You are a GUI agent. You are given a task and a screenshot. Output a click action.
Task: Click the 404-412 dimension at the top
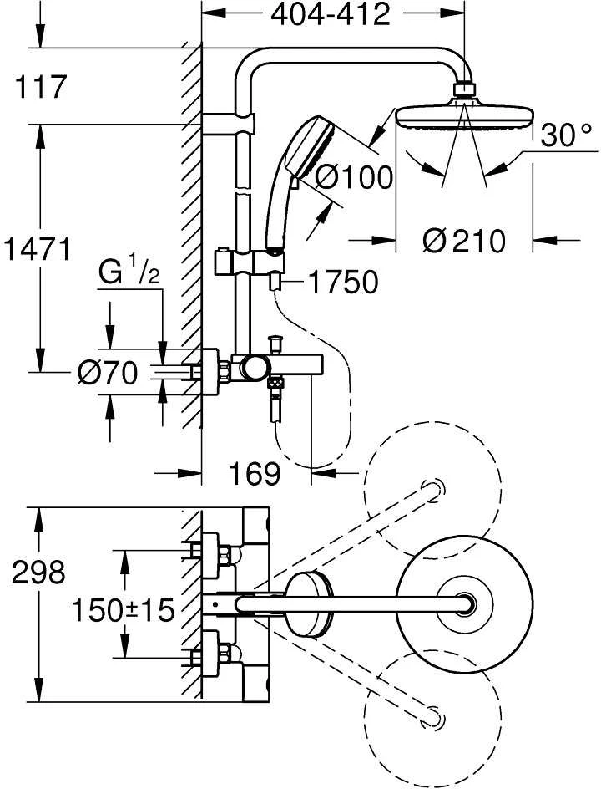pos(331,15)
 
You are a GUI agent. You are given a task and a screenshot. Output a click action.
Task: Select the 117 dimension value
pos(41,87)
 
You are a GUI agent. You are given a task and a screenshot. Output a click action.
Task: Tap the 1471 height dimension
pos(37,249)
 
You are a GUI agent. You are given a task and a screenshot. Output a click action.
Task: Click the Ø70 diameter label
pos(108,374)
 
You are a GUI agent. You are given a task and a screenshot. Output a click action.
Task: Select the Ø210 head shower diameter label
pos(463,241)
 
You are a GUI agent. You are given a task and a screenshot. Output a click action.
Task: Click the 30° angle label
pos(566,135)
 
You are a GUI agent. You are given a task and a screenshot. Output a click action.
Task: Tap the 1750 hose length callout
pos(343,282)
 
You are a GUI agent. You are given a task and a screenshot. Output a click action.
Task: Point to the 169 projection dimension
pos(255,474)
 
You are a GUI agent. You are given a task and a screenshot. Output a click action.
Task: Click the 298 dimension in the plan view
pos(38,573)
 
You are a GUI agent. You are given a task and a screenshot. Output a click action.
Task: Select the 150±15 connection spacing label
pos(123,610)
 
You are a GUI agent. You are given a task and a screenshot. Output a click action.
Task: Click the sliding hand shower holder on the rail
pos(250,263)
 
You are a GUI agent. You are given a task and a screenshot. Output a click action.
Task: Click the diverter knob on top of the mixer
pos(275,344)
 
